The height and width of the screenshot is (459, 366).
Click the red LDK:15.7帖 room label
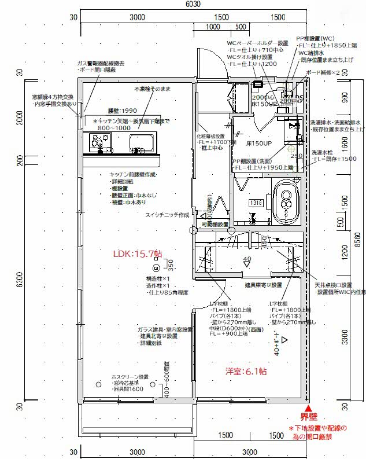point(138,254)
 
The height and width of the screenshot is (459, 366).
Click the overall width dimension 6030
point(193,4)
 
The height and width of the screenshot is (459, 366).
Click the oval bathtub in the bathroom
point(286,200)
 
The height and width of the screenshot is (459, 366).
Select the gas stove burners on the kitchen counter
point(99,141)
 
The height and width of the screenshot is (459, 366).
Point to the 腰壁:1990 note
point(122,111)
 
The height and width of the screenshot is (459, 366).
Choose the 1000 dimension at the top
point(213,27)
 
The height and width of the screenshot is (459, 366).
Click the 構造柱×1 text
point(158,278)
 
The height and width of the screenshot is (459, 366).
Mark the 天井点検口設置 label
point(333,285)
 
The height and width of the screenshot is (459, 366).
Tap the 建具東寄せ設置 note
point(263,285)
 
